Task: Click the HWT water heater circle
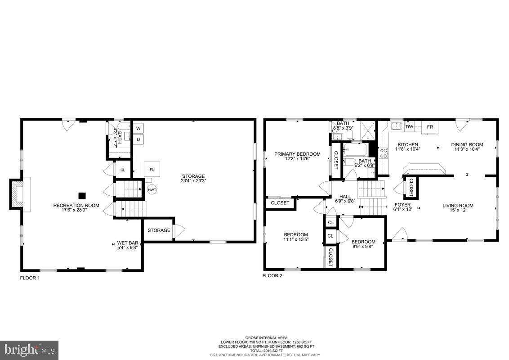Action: (x=152, y=190)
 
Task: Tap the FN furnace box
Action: (x=152, y=169)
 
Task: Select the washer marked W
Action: (x=138, y=128)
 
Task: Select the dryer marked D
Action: (x=138, y=139)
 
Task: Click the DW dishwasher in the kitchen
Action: (x=409, y=127)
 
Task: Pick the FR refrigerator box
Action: (x=430, y=127)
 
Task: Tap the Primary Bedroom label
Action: (x=297, y=154)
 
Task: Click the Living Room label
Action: (x=458, y=206)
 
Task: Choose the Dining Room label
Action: (x=467, y=144)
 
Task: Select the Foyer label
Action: (x=402, y=205)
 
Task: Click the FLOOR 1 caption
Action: (x=30, y=278)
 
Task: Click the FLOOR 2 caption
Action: (x=272, y=275)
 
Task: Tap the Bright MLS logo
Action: (x=29, y=349)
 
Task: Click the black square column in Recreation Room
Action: (x=82, y=196)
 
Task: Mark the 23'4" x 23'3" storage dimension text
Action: (x=193, y=181)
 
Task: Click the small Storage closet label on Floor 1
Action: (x=159, y=230)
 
